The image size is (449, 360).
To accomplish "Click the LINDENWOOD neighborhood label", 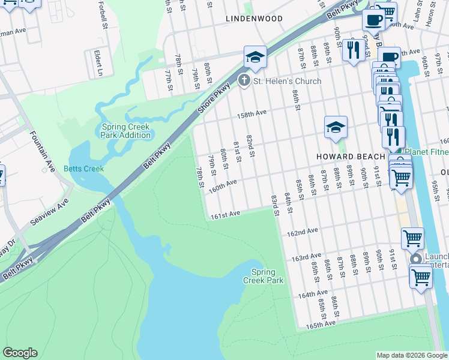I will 254,19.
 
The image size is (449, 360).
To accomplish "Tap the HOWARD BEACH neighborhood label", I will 351,156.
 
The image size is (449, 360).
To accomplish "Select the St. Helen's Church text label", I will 287,81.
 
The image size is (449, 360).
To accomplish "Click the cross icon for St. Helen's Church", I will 244,80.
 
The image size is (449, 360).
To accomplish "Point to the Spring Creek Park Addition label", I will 126,131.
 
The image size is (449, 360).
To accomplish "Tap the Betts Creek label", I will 83,169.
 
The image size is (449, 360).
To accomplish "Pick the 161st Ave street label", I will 225,214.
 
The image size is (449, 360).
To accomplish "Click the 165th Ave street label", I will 320,325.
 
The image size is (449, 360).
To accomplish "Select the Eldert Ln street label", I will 98,63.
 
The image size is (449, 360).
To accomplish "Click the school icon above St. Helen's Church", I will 255,58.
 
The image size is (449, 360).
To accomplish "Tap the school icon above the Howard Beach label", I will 336,127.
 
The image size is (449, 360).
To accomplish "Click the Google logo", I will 20,353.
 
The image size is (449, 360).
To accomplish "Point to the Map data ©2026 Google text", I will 412,355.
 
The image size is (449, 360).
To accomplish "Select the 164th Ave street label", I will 313,295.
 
